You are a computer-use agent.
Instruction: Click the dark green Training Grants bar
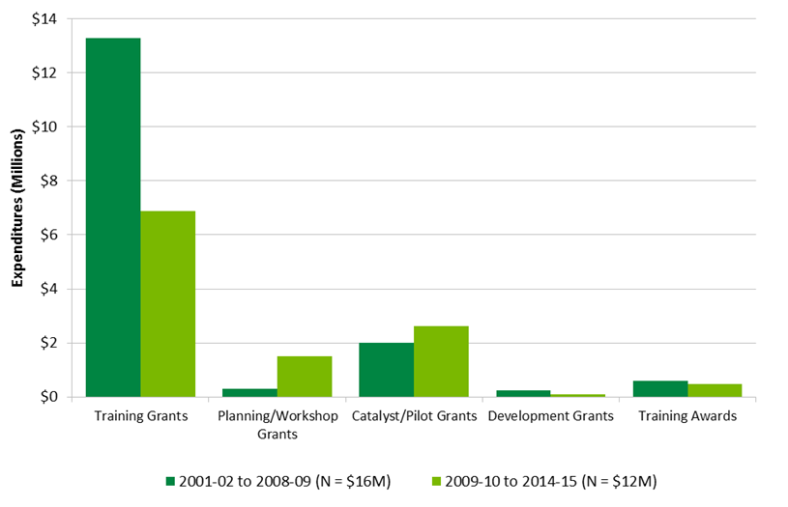tap(113, 217)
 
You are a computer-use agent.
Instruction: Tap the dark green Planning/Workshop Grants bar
tap(249, 392)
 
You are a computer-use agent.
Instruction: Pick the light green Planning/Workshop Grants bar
tap(305, 377)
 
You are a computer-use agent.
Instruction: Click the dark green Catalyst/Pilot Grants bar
tap(387, 370)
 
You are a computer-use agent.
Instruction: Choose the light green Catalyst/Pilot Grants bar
tap(442, 361)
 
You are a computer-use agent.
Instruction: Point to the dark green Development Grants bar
tap(523, 393)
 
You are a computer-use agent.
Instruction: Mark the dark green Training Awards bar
tap(660, 388)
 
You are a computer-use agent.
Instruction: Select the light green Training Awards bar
tap(715, 390)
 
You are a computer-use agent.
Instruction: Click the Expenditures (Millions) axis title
tap(16, 208)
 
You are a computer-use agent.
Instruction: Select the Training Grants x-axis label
tap(140, 417)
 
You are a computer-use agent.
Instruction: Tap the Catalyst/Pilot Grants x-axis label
tap(414, 417)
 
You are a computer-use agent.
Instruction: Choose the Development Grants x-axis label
tap(550, 417)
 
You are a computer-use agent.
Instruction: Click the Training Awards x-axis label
tap(687, 417)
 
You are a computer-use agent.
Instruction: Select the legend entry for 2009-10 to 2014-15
tap(538, 480)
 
